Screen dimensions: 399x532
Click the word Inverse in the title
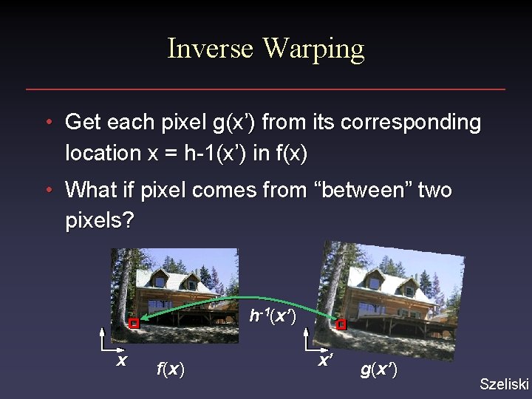pyautogui.click(x=211, y=49)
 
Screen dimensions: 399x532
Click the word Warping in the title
pyautogui.click(x=313, y=49)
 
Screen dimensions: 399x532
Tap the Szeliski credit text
pyautogui.click(x=505, y=383)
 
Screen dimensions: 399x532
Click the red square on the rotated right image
pyautogui.click(x=341, y=325)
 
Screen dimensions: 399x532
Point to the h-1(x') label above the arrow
pyautogui.click(x=273, y=316)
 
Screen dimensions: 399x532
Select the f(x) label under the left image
pyautogui.click(x=171, y=368)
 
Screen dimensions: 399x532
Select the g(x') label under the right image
pyautogui.click(x=378, y=369)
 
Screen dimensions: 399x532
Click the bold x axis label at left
pyautogui.click(x=122, y=361)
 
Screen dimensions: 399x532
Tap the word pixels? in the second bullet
pyautogui.click(x=99, y=221)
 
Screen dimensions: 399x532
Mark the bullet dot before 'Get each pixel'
pyautogui.click(x=48, y=122)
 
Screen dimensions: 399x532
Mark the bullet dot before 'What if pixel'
pyautogui.click(x=48, y=190)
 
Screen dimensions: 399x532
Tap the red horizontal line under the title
pyautogui.click(x=266, y=89)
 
